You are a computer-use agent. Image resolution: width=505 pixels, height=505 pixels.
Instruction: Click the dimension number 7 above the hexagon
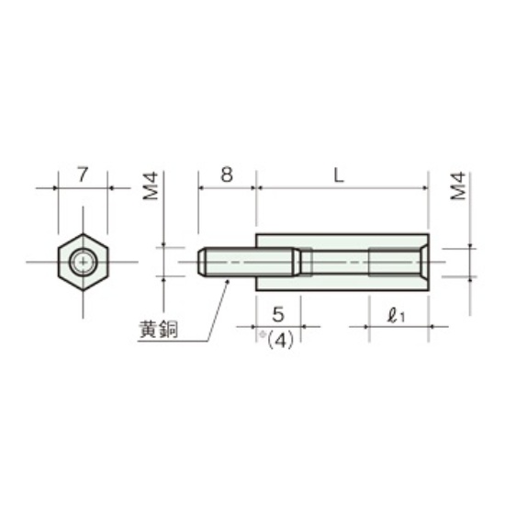(x=83, y=174)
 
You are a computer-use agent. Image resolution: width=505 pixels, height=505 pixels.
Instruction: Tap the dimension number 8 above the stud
(x=227, y=174)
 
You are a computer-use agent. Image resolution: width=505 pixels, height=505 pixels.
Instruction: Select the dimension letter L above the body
(x=339, y=175)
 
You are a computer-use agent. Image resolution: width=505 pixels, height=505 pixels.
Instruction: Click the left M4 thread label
(x=151, y=185)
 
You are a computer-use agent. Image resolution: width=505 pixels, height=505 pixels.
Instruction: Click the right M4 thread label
(x=458, y=185)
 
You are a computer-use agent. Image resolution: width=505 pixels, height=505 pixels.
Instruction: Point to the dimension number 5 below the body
(x=278, y=314)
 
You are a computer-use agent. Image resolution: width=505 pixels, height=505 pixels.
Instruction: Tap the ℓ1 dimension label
(x=396, y=316)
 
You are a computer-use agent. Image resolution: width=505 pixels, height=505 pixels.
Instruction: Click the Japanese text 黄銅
(x=159, y=330)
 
